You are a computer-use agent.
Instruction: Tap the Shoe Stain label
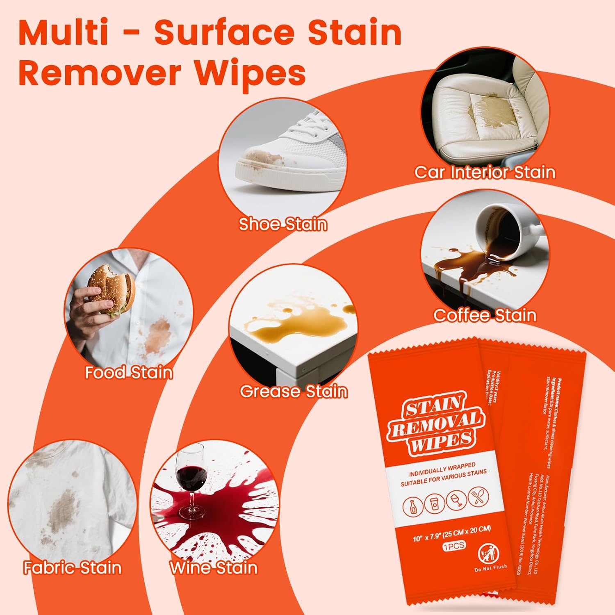[x=283, y=224]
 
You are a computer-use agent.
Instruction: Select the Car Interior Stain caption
[x=485, y=172]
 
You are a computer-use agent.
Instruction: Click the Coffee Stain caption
[x=485, y=315]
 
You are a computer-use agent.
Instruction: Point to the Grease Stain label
[x=294, y=391]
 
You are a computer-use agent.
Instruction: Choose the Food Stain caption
[x=129, y=372]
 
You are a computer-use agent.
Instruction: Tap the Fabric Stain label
[x=73, y=568]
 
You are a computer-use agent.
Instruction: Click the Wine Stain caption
[x=213, y=568]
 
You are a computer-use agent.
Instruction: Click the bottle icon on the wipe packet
[x=414, y=507]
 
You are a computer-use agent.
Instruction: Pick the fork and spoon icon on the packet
[x=478, y=496]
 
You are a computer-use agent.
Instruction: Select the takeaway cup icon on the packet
[x=434, y=503]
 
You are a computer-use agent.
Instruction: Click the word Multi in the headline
[x=64, y=33]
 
